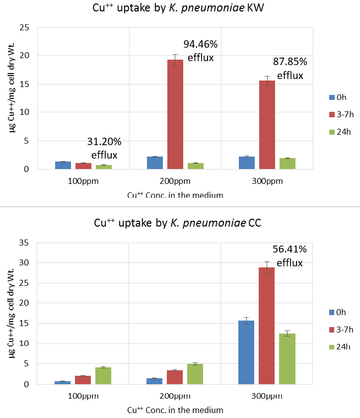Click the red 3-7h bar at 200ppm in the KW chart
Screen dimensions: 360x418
coord(175,114)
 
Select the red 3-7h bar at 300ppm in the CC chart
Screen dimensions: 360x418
coord(267,326)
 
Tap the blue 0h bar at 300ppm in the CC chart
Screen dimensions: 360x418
coord(246,352)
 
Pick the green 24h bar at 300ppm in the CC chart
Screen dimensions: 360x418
coord(287,359)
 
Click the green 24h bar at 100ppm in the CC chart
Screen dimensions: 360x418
coord(103,376)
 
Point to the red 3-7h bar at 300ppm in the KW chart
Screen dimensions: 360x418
coord(267,125)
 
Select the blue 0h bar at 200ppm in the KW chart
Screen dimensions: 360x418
coord(155,163)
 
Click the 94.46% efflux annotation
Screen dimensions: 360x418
coord(201,51)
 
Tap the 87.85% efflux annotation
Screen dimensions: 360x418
coord(290,69)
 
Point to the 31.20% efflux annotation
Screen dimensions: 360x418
coord(104,148)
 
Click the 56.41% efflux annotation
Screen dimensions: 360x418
coord(289,256)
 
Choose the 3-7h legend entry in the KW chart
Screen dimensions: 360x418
coord(341,114)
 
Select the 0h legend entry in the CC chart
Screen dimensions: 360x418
coord(337,312)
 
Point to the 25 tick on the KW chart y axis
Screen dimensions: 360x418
coord(24,27)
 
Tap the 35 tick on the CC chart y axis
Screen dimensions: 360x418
coord(24,243)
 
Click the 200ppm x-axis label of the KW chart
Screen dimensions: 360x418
coord(175,181)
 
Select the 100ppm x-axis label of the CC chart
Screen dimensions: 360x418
coord(83,396)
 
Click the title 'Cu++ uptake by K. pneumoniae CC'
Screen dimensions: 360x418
coord(178,223)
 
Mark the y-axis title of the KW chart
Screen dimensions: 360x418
coord(11,88)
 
